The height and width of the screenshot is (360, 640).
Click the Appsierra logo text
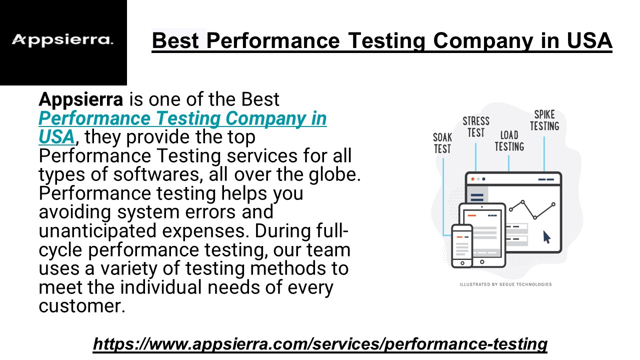click(62, 40)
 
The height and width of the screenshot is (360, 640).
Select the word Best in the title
click(175, 40)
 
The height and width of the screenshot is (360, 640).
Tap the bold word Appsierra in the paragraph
click(81, 99)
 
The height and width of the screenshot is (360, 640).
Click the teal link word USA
click(56, 136)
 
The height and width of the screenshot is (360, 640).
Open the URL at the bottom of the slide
click(320, 343)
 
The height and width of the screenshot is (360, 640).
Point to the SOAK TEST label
click(442, 143)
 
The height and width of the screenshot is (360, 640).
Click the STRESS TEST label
click(476, 127)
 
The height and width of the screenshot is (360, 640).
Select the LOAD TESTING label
click(509, 141)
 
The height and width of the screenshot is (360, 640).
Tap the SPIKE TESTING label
click(544, 120)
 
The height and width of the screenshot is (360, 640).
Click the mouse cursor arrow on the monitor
click(546, 237)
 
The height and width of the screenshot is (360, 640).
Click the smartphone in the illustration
click(462, 246)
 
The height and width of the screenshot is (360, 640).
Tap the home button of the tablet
click(482, 261)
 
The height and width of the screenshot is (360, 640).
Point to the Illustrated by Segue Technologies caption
click(505, 284)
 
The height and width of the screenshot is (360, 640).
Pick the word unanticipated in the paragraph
click(97, 231)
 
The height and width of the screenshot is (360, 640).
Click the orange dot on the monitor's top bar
click(473, 179)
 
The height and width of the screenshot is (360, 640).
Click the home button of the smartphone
click(462, 263)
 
